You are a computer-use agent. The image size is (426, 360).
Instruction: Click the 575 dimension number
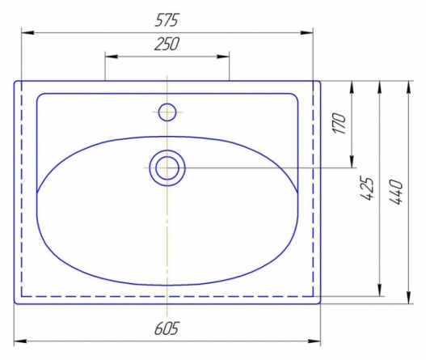point(167,20)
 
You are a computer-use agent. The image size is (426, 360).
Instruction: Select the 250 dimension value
point(167,44)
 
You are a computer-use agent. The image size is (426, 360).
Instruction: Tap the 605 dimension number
point(167,328)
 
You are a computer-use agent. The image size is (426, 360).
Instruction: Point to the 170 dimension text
point(340,124)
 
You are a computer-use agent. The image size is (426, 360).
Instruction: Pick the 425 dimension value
point(367,189)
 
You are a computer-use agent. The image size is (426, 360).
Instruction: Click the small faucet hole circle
point(167,112)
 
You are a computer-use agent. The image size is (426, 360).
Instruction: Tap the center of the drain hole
point(167,168)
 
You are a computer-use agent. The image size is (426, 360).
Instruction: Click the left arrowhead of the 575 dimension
point(28,32)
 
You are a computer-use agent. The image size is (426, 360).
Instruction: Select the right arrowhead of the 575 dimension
point(306,32)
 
